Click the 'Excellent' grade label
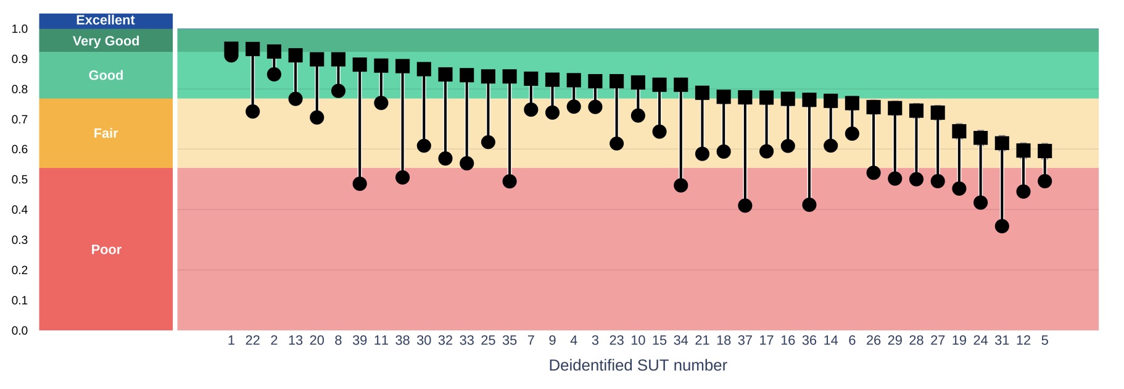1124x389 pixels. tap(105, 20)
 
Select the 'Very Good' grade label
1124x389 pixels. tap(106, 41)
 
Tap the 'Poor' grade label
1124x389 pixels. tap(106, 249)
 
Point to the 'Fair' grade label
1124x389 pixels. tap(105, 133)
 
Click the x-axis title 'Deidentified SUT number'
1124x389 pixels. tap(637, 366)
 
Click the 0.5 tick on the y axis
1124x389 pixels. tap(20, 180)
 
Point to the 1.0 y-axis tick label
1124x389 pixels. tap(20, 29)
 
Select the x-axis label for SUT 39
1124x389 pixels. tap(360, 340)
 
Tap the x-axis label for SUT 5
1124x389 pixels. tap(1044, 340)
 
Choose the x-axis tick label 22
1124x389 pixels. tap(252, 340)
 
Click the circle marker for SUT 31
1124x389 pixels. tap(1002, 226)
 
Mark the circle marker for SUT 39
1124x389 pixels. tap(360, 184)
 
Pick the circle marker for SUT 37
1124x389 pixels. tap(745, 206)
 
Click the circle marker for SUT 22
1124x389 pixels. tap(252, 112)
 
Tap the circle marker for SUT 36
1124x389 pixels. tap(809, 204)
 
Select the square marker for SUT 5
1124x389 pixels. tap(1044, 151)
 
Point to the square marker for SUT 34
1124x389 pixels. tap(680, 85)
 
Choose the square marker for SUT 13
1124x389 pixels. tap(295, 56)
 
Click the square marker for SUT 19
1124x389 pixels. tap(959, 131)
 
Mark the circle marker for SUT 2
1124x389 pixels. tap(274, 74)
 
